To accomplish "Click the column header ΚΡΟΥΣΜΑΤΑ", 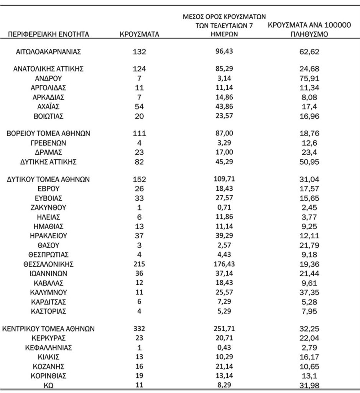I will [x=139, y=35].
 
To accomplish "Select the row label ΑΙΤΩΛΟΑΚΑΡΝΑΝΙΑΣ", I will [x=48, y=51].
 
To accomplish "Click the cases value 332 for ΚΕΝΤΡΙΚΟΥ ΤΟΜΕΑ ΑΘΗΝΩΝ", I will [x=139, y=329].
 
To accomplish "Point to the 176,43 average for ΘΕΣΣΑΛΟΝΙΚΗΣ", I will [x=224, y=264].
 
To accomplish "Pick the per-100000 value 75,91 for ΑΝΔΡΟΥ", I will [x=309, y=78].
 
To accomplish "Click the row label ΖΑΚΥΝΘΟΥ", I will [x=48, y=208].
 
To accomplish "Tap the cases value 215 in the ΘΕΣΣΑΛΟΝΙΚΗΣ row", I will [x=139, y=264].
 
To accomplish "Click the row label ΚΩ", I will [x=48, y=386].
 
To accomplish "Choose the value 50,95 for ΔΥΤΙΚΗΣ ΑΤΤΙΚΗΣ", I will [x=309, y=162].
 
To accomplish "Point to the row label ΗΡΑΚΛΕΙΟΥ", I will [x=48, y=236].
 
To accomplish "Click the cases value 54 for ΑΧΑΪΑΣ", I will [x=139, y=106].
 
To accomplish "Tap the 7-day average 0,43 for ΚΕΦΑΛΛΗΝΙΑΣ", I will [x=224, y=348].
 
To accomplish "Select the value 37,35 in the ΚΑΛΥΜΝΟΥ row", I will [x=309, y=292].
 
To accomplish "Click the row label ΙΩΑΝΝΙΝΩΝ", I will [x=48, y=274].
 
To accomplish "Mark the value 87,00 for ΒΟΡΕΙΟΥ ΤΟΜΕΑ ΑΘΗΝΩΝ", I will [x=224, y=134].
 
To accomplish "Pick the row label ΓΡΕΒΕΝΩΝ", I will [x=48, y=143].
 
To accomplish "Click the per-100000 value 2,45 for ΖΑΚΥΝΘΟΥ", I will [x=309, y=208].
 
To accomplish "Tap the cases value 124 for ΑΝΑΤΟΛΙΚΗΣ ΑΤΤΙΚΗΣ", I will [x=139, y=69].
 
